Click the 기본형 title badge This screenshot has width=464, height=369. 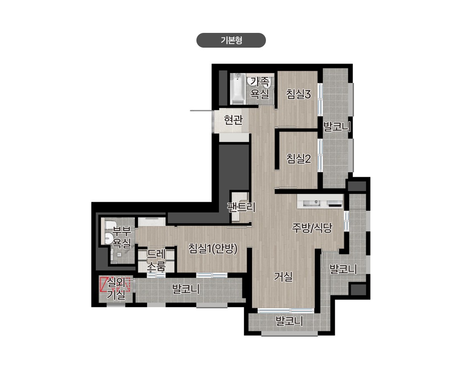tap(231, 40)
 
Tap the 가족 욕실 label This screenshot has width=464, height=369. tap(260, 88)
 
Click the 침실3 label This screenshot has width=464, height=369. tap(298, 94)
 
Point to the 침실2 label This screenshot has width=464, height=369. tap(298, 159)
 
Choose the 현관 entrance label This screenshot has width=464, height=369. tap(233, 120)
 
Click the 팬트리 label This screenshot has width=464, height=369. tap(241, 207)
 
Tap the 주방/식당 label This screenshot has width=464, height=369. tap(312, 227)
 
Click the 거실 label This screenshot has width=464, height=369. tap(283, 276)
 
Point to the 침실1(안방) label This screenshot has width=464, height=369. tap(213, 248)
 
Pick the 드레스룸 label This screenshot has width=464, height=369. tap(156, 260)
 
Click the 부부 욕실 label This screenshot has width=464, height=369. tap(122, 237)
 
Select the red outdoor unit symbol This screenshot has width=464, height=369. tap(115, 284)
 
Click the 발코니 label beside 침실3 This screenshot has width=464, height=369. tap(337, 127)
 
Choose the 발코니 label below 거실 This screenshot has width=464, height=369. tap(289, 321)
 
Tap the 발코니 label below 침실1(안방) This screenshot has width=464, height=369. tap(186, 289)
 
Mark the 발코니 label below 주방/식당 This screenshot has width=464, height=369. tap(343, 269)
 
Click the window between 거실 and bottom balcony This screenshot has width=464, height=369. tap(286, 311)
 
